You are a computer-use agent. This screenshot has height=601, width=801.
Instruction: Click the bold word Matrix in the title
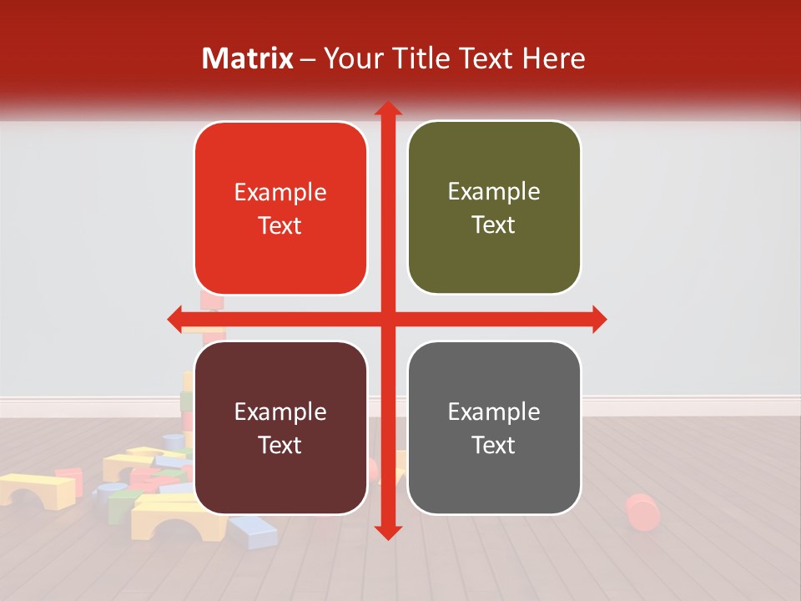(x=248, y=58)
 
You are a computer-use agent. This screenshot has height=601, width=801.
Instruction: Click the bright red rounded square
(x=280, y=209)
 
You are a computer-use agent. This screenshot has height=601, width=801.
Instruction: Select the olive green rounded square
(x=494, y=208)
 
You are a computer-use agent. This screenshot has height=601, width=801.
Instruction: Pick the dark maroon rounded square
(x=280, y=427)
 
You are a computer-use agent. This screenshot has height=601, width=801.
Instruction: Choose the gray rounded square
(x=494, y=427)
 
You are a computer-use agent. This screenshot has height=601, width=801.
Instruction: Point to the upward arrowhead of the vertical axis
(x=387, y=109)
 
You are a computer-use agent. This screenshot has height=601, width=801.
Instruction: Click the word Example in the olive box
(x=494, y=192)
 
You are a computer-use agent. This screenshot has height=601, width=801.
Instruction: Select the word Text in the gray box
(x=494, y=445)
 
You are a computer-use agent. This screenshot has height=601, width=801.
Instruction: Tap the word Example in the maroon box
(x=280, y=412)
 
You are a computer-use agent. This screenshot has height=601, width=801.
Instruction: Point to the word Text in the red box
(x=280, y=225)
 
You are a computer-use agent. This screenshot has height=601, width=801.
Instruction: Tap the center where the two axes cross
(x=387, y=319)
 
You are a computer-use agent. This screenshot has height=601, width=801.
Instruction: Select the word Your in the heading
(x=350, y=58)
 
